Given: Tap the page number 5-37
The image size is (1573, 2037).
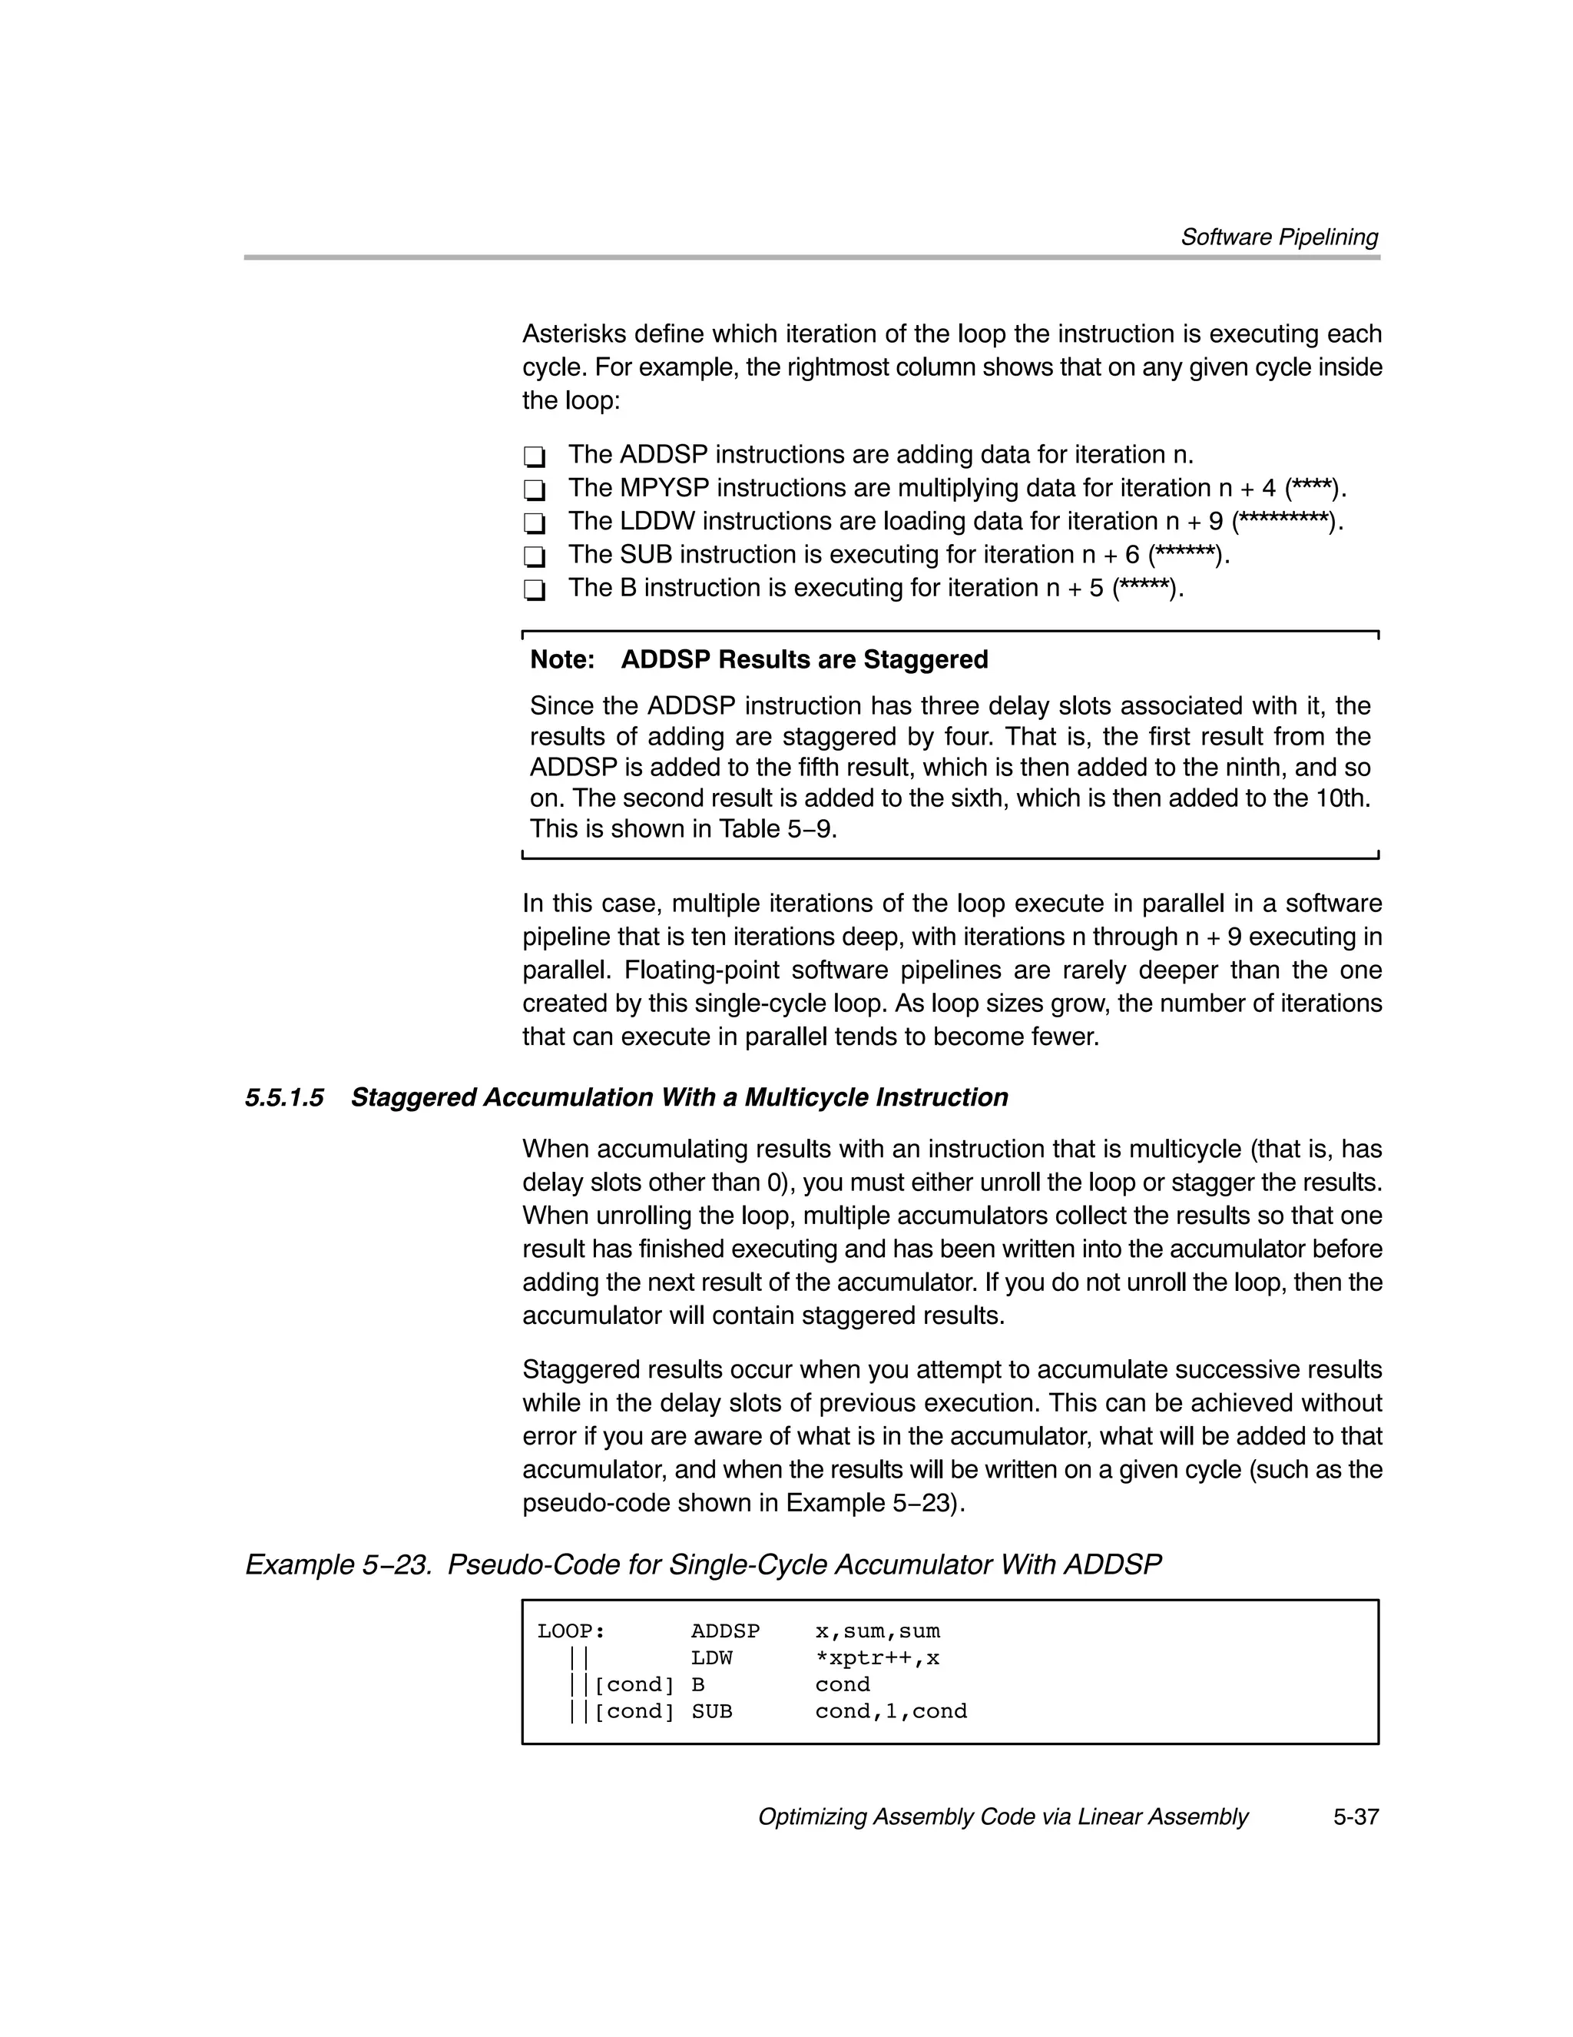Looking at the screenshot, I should tap(1355, 1817).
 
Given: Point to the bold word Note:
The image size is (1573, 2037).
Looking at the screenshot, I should tap(562, 660).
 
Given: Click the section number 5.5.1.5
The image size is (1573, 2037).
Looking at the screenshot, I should tap(284, 1098).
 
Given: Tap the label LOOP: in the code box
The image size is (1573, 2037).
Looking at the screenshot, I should tap(571, 1631).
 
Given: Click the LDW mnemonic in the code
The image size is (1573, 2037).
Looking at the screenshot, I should tap(710, 1658).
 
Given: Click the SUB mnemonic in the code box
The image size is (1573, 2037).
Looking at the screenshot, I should tap(710, 1711).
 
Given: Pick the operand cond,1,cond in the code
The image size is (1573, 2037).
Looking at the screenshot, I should tap(890, 1711).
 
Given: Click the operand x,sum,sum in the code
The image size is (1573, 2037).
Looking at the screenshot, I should tap(876, 1631).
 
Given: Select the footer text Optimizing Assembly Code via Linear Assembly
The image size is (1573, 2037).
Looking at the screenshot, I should tap(1002, 1817).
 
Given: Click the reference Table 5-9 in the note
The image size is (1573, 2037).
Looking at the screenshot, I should tap(777, 829).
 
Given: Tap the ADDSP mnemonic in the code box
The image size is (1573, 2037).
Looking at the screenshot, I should tap(724, 1631).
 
